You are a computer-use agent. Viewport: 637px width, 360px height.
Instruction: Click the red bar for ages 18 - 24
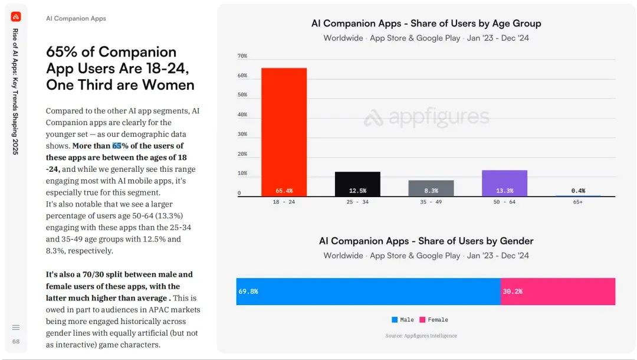(284, 132)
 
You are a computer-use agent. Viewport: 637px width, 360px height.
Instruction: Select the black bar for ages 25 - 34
(357, 184)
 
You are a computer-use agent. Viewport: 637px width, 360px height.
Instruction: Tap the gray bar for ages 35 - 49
(431, 188)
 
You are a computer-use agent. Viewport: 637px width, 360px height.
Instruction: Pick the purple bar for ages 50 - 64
(504, 183)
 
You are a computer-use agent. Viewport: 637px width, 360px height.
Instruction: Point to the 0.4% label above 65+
(578, 191)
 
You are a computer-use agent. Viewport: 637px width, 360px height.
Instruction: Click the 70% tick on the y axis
(242, 56)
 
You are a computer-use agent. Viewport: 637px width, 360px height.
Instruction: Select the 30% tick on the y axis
(242, 135)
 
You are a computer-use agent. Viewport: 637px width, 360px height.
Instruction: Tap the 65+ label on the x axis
(578, 202)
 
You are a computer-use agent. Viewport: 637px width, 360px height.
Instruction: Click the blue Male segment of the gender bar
(368, 292)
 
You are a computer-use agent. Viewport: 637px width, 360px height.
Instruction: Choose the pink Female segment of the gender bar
(557, 292)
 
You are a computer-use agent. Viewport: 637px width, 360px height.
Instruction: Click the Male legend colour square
(395, 320)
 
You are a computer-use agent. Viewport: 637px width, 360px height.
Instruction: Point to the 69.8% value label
(248, 292)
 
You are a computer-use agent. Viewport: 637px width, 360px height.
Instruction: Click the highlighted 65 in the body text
(117, 146)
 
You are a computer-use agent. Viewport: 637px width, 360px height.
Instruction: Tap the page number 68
(16, 342)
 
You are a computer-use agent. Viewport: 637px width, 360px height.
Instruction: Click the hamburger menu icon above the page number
(16, 328)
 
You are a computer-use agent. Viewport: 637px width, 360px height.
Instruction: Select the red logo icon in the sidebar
(16, 17)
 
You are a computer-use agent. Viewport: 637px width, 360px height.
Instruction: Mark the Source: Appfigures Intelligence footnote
(421, 336)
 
